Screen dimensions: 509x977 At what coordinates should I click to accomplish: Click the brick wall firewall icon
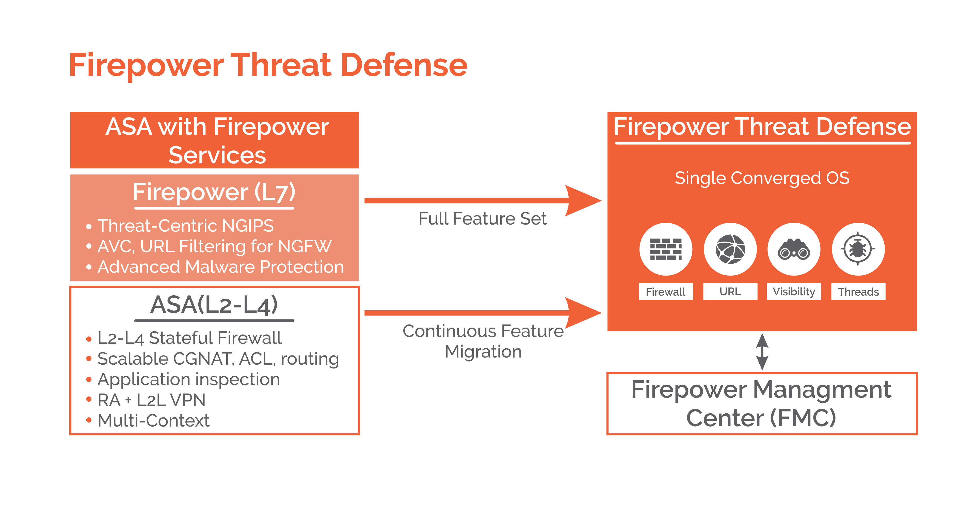(x=666, y=249)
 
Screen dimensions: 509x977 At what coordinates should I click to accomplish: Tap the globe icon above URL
(x=730, y=249)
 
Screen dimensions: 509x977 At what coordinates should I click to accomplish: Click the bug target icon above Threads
(x=858, y=249)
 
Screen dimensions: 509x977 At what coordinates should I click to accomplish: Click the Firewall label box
(x=666, y=292)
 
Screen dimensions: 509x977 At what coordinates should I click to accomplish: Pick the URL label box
(x=730, y=292)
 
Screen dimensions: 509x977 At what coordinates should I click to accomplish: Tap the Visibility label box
(x=794, y=292)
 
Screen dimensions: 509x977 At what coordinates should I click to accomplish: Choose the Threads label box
(x=858, y=292)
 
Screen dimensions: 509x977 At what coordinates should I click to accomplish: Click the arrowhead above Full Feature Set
(x=582, y=200)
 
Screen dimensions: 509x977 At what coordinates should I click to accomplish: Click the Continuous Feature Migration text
(x=483, y=341)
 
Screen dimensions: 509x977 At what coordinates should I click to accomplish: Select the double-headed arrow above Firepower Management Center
(x=762, y=352)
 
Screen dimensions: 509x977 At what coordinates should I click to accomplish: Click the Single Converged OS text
(x=762, y=178)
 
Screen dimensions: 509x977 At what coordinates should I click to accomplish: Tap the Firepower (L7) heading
(x=214, y=192)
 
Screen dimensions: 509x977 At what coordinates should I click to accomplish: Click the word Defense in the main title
(x=404, y=65)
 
